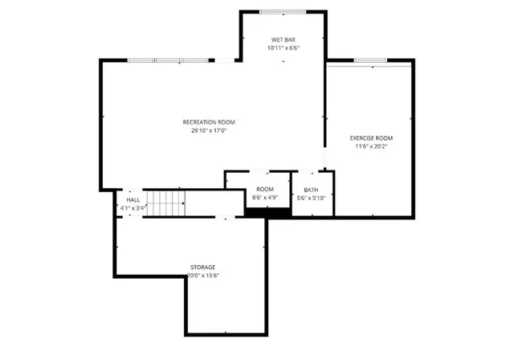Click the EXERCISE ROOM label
coord(371,138)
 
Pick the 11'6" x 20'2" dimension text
coord(371,147)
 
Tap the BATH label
coord(311,190)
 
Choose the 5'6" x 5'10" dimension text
coord(311,198)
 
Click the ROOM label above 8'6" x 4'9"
coord(265,189)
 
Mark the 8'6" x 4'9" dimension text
coord(265,197)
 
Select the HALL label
coord(133,200)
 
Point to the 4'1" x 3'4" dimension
coord(133,208)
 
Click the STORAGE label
coord(202,267)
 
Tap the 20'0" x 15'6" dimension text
coord(202,276)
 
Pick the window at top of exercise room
coord(371,60)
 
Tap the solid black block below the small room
coord(267,213)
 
